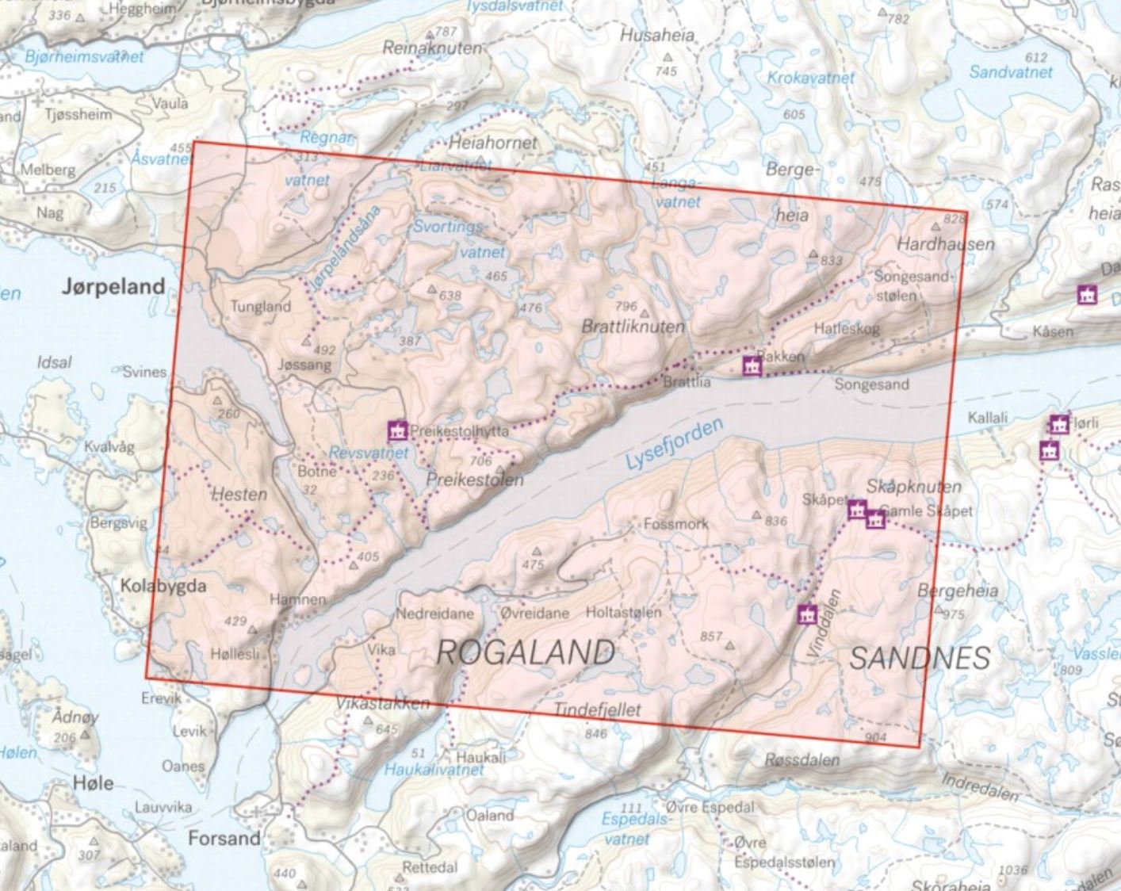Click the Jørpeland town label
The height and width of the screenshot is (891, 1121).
(x=113, y=286)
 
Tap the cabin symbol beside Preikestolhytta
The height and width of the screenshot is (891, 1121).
(x=397, y=430)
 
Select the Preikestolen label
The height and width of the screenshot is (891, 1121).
(x=474, y=480)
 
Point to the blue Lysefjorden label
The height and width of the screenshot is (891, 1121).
(x=674, y=444)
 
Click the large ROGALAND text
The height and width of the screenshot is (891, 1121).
(x=526, y=652)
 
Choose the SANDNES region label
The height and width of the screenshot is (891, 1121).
(x=920, y=658)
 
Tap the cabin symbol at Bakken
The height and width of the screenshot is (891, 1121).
(x=751, y=365)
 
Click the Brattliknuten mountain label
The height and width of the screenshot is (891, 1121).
(x=633, y=327)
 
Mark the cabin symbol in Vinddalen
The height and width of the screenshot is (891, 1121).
(x=807, y=614)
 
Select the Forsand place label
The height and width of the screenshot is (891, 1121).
(x=224, y=838)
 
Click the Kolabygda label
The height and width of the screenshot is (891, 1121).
(x=163, y=586)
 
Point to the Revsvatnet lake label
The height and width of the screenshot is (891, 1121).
(x=369, y=453)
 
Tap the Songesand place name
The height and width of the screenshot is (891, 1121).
(x=871, y=384)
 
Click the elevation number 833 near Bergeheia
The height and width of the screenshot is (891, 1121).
(x=832, y=260)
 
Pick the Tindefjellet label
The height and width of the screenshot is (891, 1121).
(x=597, y=709)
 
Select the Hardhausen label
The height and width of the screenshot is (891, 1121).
(x=945, y=244)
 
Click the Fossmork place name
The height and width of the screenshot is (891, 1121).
(x=676, y=524)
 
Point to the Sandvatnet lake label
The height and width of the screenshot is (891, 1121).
(x=1011, y=72)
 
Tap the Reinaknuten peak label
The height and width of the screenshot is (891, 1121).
(x=432, y=48)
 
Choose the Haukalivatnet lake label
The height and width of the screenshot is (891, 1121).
(x=434, y=769)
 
